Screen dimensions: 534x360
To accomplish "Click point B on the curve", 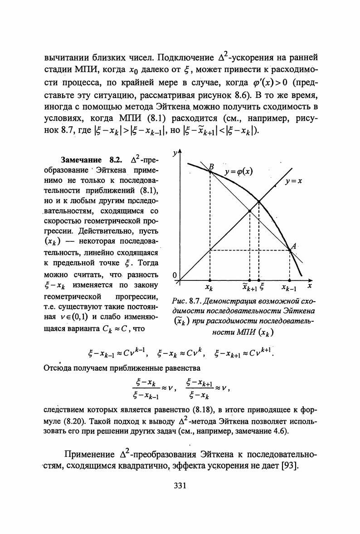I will (x=210, y=171).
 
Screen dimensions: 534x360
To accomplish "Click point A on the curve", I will (x=289, y=249).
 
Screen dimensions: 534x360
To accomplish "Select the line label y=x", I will (x=294, y=181).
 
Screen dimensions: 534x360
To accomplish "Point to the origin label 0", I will (x=175, y=275).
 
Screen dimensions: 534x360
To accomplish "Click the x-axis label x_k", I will (x=209, y=287).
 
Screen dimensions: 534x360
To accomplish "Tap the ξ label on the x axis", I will (x=262, y=287).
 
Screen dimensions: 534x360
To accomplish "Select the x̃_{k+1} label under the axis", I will (x=249, y=287).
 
